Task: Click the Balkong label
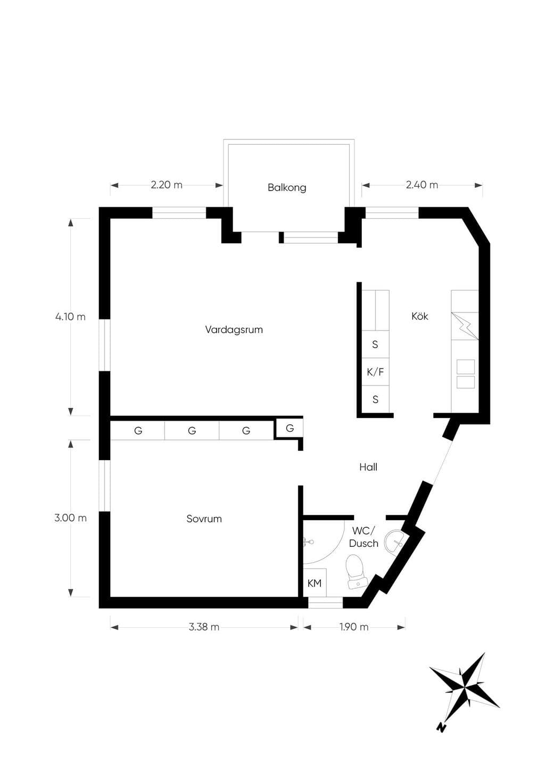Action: click(x=287, y=188)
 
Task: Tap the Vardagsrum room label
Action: click(x=234, y=330)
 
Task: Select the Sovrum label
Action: click(x=204, y=519)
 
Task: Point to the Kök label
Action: click(x=420, y=316)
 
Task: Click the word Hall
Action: click(x=368, y=467)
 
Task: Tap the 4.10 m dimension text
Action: click(x=70, y=317)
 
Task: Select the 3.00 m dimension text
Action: click(x=70, y=518)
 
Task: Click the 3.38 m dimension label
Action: click(x=204, y=627)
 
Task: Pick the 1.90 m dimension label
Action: click(x=354, y=627)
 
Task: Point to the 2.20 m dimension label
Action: click(x=167, y=185)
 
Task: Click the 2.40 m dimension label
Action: click(x=422, y=185)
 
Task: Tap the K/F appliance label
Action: click(x=375, y=372)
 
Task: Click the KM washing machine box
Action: click(x=315, y=583)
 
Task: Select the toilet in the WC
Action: click(x=355, y=572)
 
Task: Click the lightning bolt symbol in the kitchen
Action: click(x=465, y=326)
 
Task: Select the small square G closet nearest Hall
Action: click(x=290, y=428)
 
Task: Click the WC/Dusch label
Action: click(x=364, y=537)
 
